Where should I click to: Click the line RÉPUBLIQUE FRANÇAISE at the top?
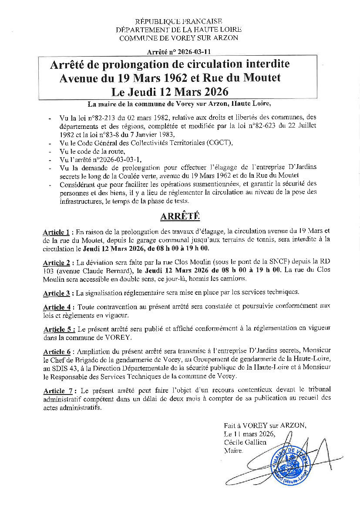click(179, 21)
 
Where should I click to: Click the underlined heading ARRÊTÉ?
click(180, 216)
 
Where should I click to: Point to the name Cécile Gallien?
click(245, 442)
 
